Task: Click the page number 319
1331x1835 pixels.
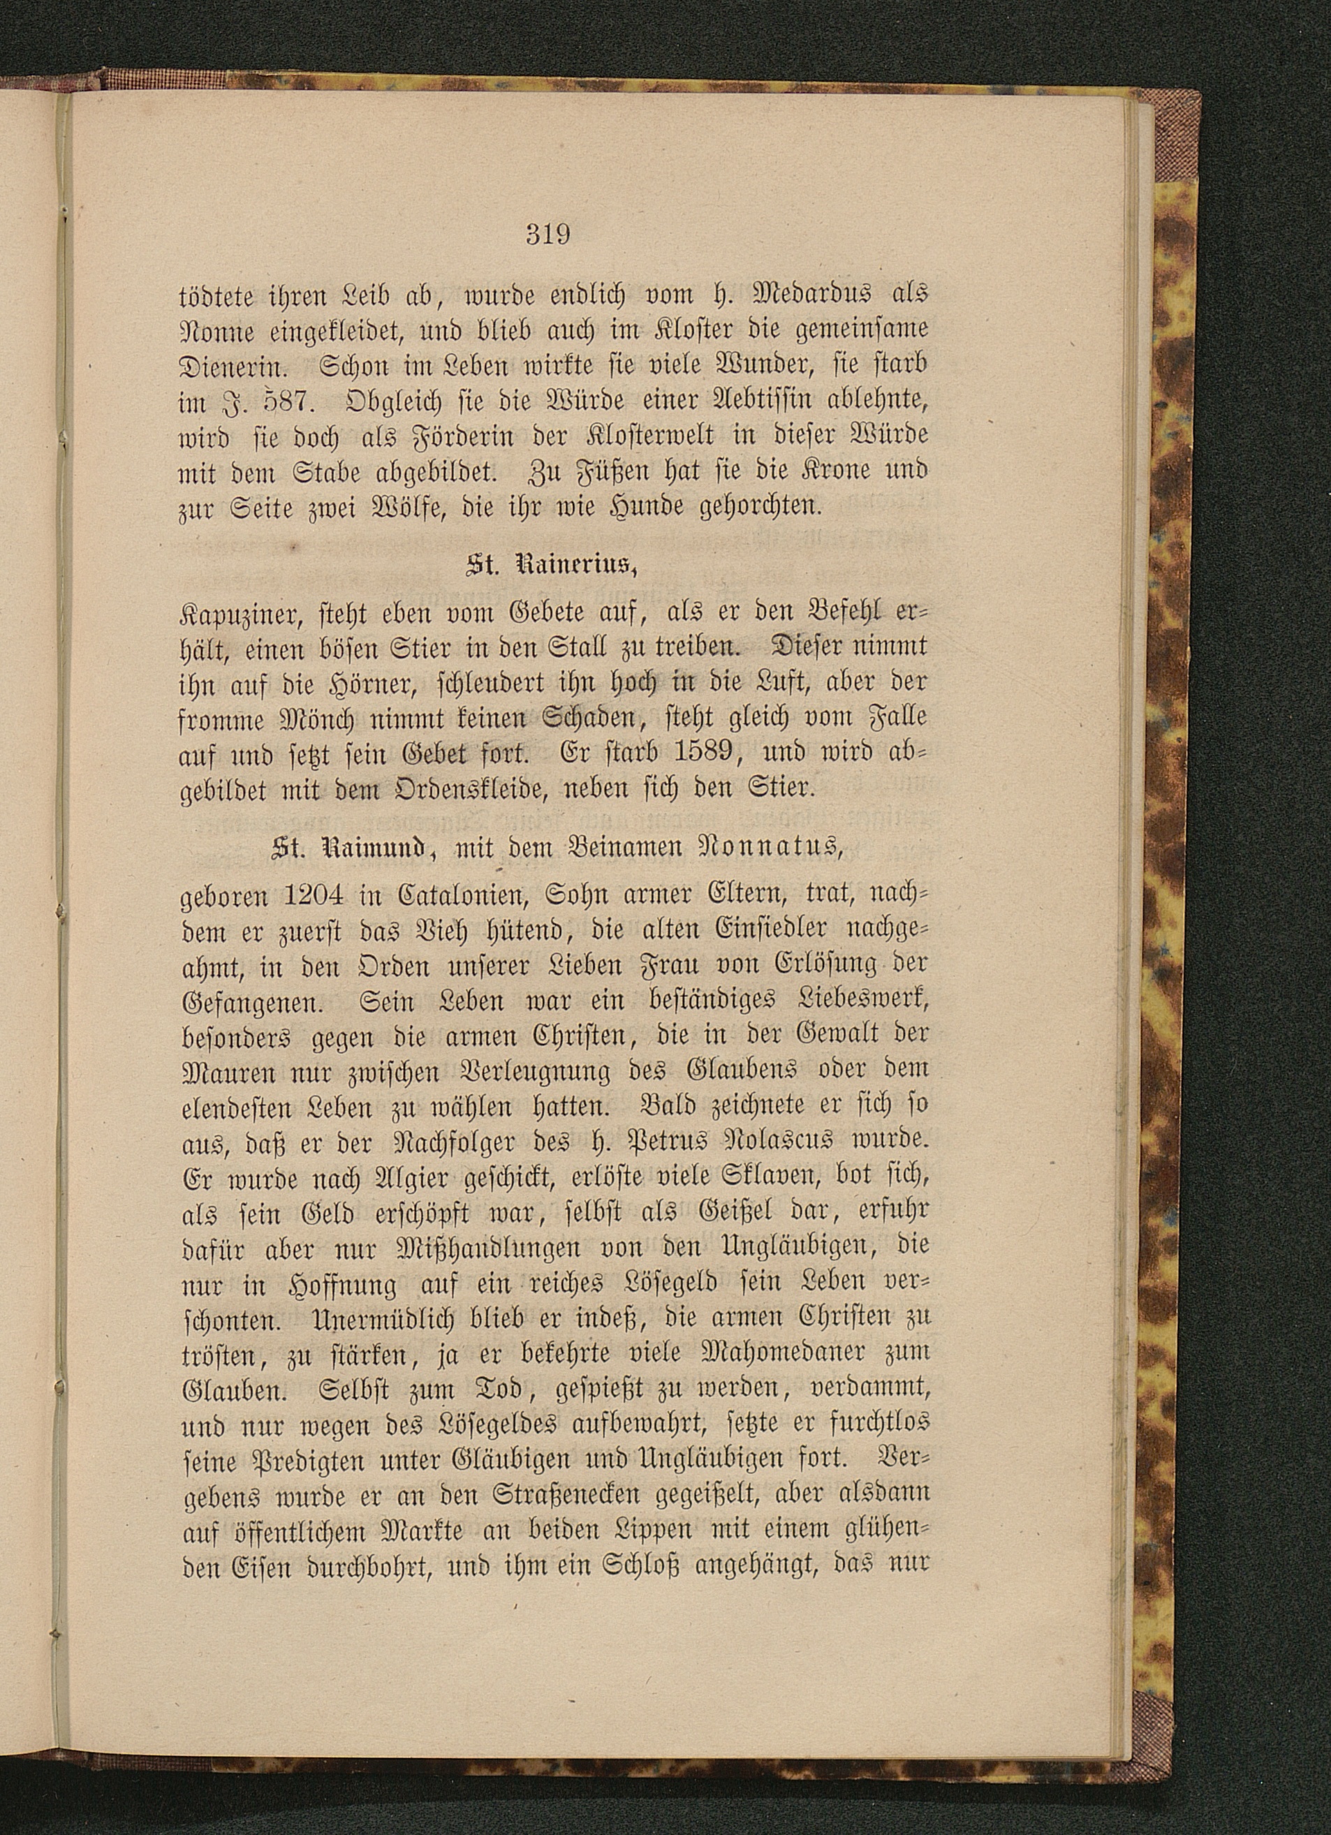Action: [547, 235]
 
